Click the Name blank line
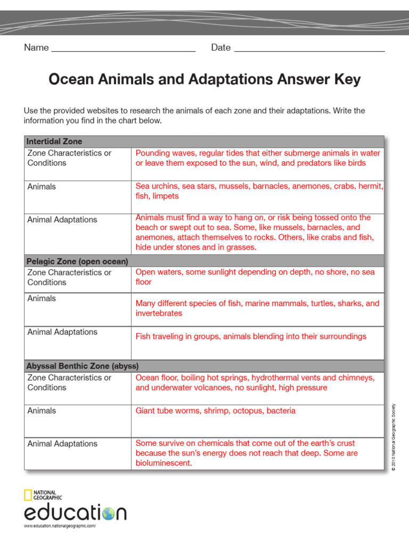123,50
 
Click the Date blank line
309,50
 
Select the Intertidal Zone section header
55,142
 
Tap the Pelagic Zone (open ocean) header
78,261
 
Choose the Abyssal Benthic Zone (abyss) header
83,366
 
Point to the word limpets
166,196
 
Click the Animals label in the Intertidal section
42,187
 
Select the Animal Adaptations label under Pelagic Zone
62,332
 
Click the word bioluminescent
163,464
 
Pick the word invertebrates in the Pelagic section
159,313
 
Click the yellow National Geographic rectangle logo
28,495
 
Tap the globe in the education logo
108,514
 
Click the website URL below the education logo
60,526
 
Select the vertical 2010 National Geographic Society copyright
394,436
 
